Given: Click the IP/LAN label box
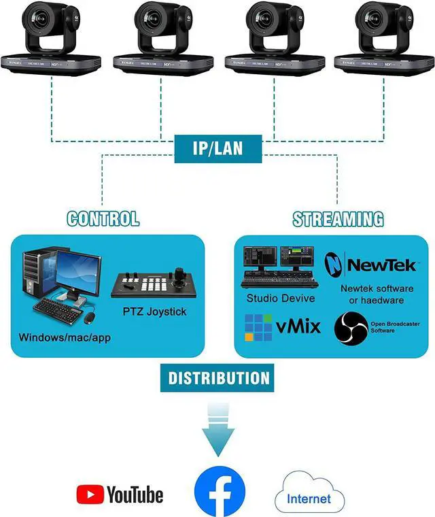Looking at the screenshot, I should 218,149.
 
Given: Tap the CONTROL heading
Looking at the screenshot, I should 103,219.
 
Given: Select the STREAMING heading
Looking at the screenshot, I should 338,219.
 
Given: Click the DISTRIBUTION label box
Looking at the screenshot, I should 218,378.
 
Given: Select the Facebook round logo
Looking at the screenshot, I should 219,492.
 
